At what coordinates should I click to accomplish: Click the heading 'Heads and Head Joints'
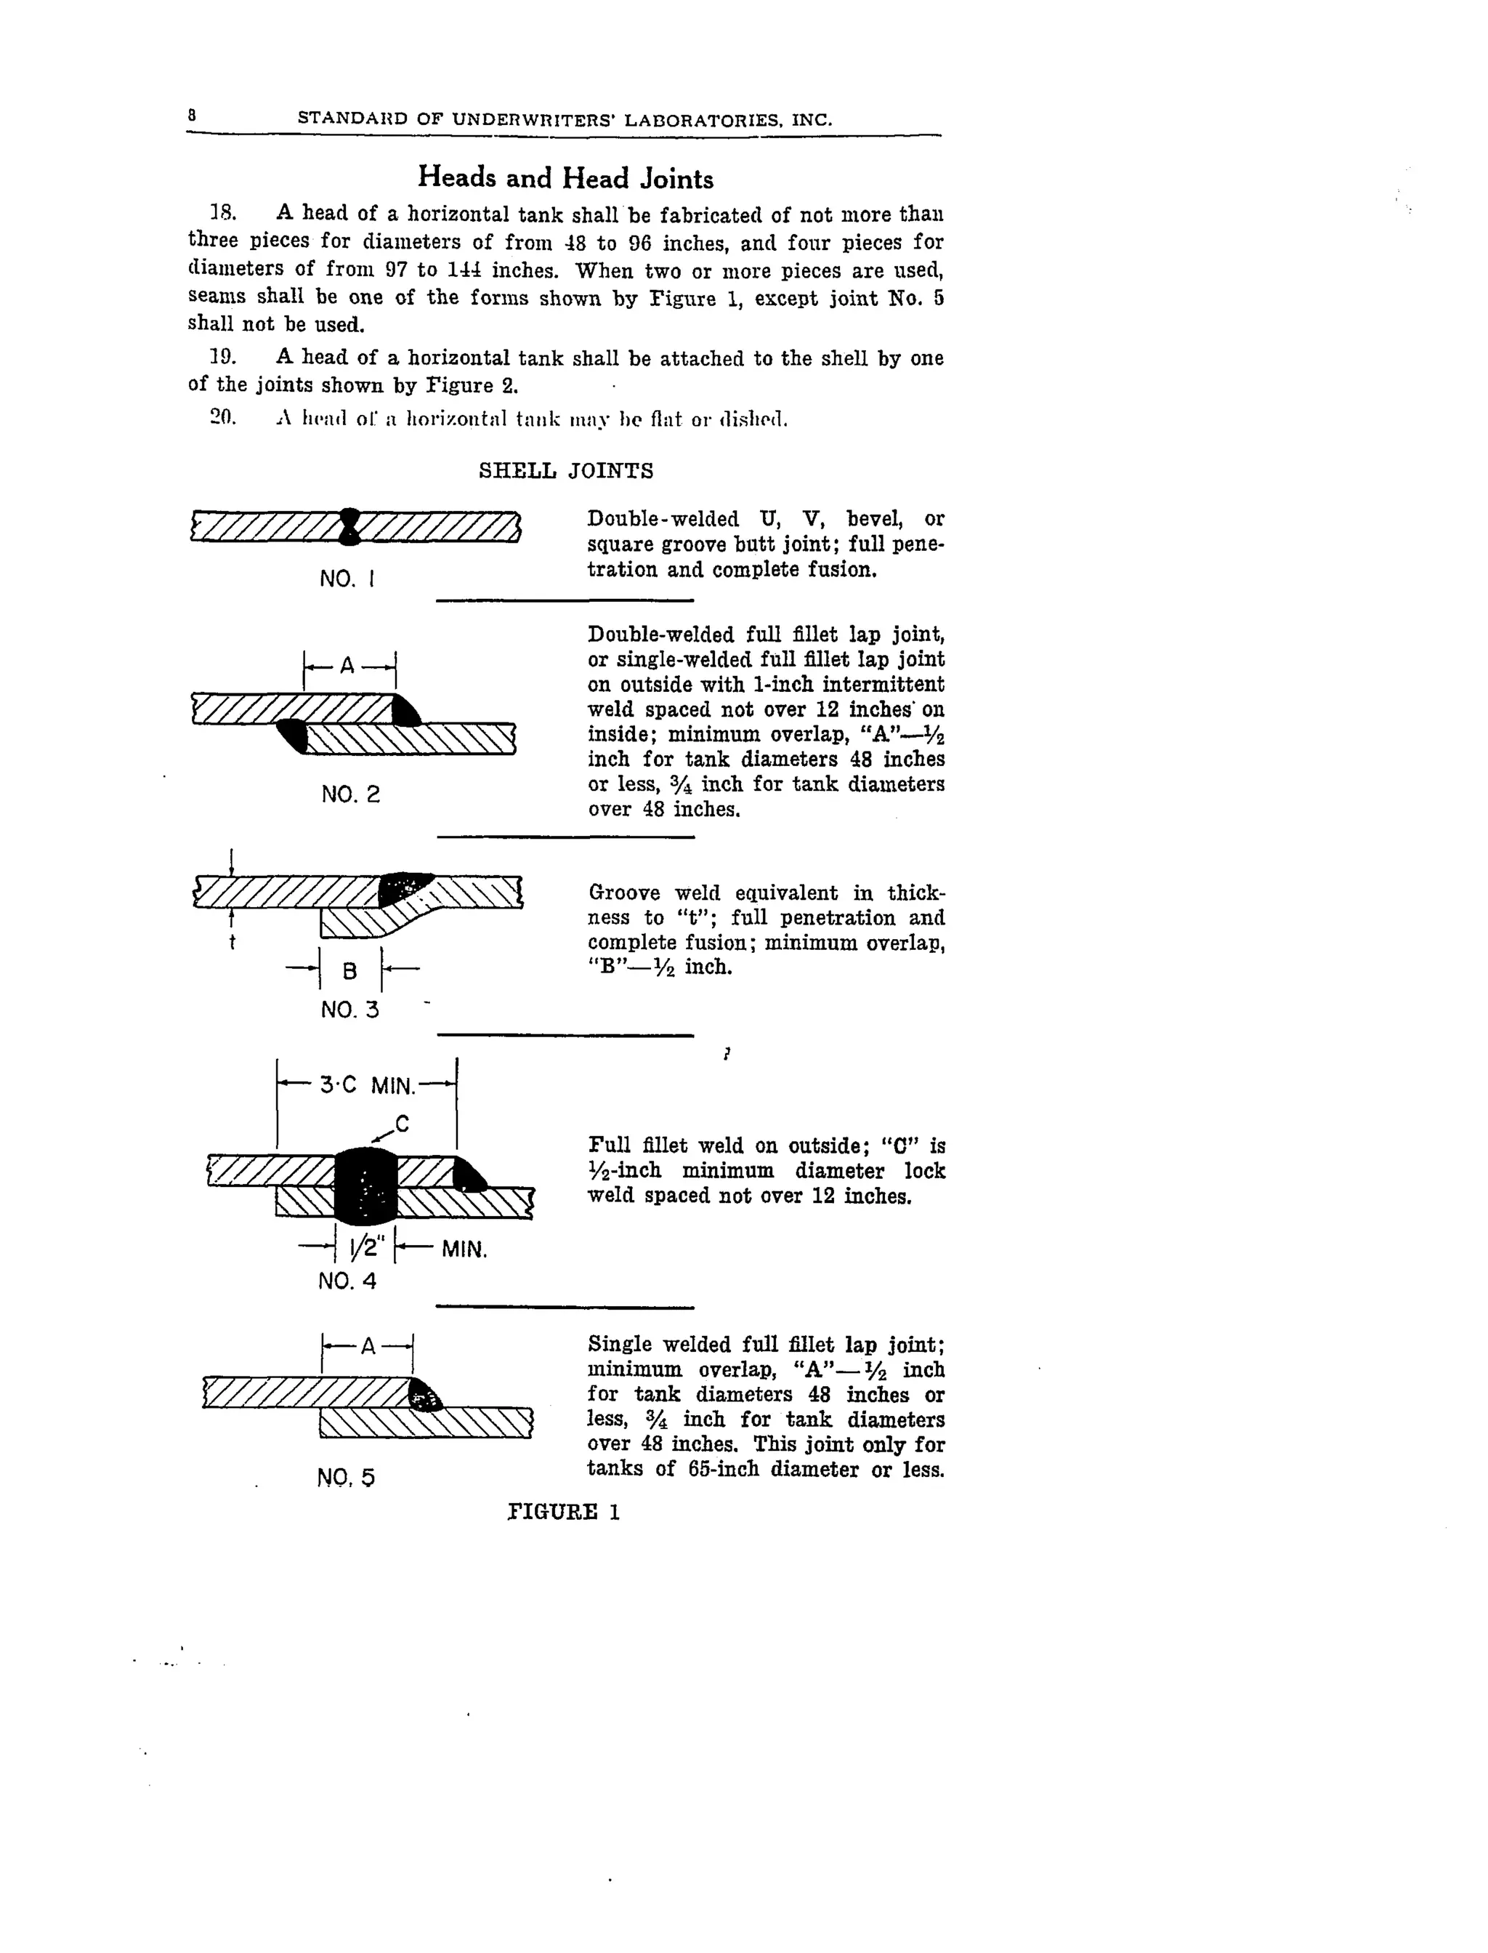[x=565, y=178]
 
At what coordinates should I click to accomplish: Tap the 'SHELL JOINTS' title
[x=566, y=470]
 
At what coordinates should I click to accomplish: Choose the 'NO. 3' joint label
[x=350, y=1010]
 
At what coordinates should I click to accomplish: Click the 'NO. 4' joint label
[x=347, y=1281]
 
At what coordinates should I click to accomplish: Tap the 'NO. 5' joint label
[x=345, y=1477]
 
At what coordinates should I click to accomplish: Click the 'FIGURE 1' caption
[x=565, y=1513]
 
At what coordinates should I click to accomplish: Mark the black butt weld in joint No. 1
[x=350, y=526]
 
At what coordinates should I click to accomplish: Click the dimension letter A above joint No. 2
[x=347, y=666]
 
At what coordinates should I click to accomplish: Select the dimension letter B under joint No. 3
[x=350, y=971]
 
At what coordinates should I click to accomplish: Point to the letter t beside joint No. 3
[x=232, y=943]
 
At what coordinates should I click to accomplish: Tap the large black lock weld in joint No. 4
[x=364, y=1185]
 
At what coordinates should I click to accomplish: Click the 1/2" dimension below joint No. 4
[x=364, y=1249]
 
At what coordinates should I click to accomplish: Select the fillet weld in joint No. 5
[x=425, y=1398]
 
